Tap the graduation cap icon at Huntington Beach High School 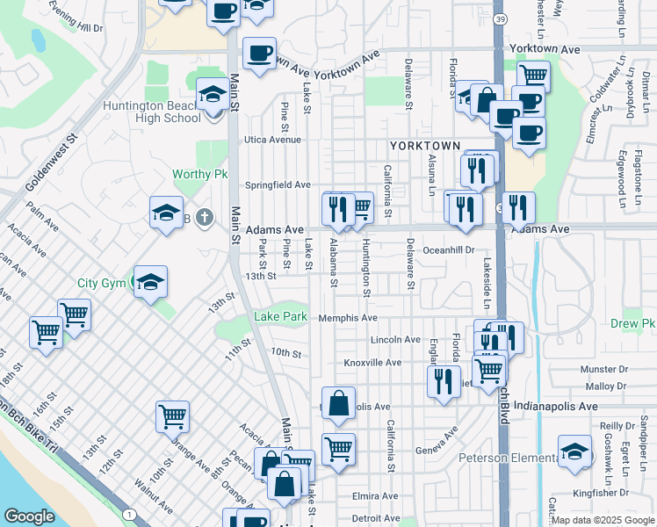point(212,95)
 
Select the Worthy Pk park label point(200,174)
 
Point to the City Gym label point(101,283)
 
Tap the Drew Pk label point(636,323)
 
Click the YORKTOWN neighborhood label point(425,145)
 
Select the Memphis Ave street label point(348,318)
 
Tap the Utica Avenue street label point(272,140)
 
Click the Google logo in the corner point(29,516)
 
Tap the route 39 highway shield point(500,19)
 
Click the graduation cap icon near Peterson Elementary point(574,451)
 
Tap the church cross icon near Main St point(204,216)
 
